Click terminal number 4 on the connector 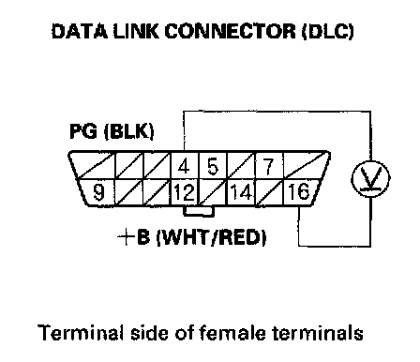tap(184, 166)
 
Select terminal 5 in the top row tap(213, 166)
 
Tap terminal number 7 tap(269, 166)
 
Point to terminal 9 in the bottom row tap(98, 192)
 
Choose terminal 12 tap(185, 192)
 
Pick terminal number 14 tap(241, 192)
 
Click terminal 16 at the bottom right tap(299, 191)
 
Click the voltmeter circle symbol tap(371, 179)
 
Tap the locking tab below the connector tap(199, 211)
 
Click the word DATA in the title tap(80, 31)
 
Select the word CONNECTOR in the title tap(230, 31)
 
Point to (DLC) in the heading tap(328, 31)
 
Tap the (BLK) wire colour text tap(128, 131)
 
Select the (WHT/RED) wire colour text tap(211, 237)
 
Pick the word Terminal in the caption tap(81, 333)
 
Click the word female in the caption tap(232, 333)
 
